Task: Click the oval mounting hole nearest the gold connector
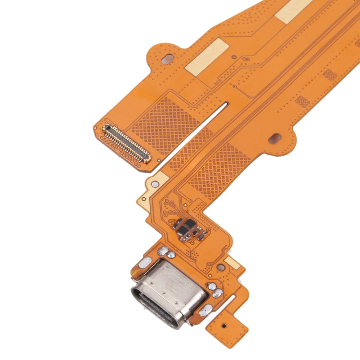coord(168,60)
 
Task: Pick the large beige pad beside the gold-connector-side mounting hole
coord(207,57)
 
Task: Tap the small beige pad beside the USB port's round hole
coord(232,262)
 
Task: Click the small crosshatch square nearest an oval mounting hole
coord(302,102)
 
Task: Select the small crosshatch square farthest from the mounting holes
coord(330,75)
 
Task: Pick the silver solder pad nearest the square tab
coord(205,311)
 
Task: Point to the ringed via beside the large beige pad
coord(234,57)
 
